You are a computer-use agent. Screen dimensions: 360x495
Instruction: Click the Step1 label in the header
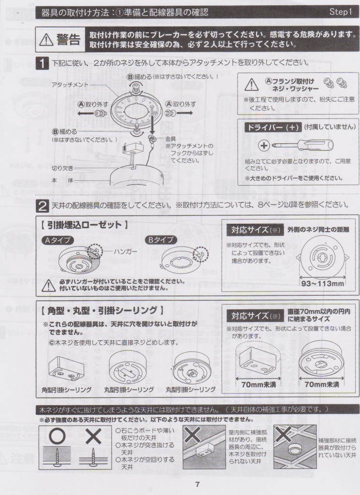pos(341,12)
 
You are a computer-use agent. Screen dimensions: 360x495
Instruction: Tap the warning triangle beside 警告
pos(47,40)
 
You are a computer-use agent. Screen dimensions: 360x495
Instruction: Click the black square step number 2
pos(43,206)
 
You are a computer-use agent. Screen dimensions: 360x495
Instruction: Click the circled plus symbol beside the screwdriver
pos(264,146)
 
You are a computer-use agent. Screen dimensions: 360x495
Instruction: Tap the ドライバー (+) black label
pos(273,127)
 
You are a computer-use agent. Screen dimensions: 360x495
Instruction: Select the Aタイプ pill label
pos(58,240)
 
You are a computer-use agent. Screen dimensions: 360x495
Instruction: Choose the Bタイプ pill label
pos(161,240)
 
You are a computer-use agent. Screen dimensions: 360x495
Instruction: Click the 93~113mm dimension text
pos(322,283)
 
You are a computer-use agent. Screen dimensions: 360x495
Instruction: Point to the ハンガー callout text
pos(125,251)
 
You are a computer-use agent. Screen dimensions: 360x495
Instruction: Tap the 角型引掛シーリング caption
pos(67,390)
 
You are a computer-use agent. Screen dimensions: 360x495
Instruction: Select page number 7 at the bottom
pos(197,484)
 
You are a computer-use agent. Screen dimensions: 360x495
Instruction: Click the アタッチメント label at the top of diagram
pos(70,85)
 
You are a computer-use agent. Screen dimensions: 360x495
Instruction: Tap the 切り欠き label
pos(62,168)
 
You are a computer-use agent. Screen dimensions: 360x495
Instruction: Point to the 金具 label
pos(171,139)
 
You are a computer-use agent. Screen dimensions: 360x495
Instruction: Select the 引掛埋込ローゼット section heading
pos(84,225)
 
